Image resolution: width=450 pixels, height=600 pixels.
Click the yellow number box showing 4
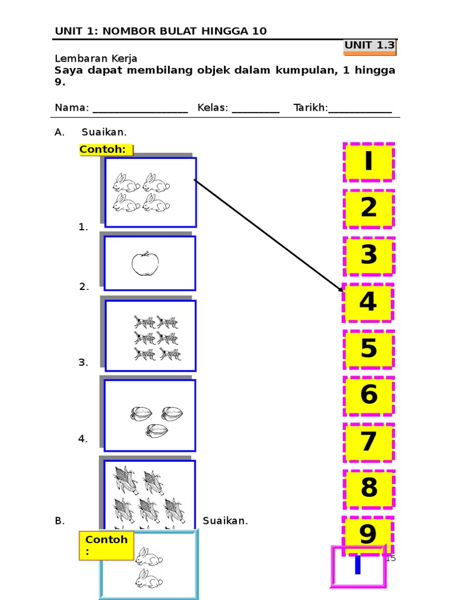point(368,302)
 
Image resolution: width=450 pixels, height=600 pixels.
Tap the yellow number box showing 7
point(369,442)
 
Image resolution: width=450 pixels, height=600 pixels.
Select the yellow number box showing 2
point(369,208)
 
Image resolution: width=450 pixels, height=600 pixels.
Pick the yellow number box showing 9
point(368,533)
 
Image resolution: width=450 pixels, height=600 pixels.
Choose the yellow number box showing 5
point(369,349)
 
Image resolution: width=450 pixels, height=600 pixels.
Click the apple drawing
point(145,264)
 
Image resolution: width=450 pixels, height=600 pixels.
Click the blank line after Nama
point(140,109)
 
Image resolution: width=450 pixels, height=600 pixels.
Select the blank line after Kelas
point(255,109)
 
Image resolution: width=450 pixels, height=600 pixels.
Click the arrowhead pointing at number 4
point(340,289)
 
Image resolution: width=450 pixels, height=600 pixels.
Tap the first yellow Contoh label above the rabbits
point(105,149)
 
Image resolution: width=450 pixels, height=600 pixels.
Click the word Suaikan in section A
point(104,132)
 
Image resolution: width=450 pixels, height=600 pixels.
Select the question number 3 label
point(83,363)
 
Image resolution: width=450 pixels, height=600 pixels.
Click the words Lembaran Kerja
point(96,59)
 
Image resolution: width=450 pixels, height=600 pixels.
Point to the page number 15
point(391,558)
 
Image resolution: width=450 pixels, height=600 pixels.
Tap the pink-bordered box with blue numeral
point(358,567)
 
